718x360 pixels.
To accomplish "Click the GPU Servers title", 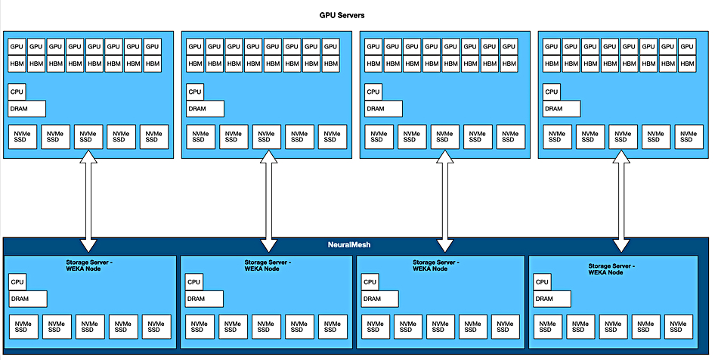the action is pyautogui.click(x=342, y=15).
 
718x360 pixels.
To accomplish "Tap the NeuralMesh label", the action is pyautogui.click(x=349, y=245).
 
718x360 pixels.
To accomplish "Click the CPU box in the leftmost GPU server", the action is pyautogui.click(x=17, y=92).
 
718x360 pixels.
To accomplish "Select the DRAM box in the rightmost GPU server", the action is pyautogui.click(x=562, y=109).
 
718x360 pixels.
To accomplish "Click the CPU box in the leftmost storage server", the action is pyautogui.click(x=17, y=282).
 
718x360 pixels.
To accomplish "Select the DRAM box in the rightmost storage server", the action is pyautogui.click(x=552, y=299).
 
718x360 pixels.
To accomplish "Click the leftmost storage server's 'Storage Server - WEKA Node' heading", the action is pyautogui.click(x=89, y=265).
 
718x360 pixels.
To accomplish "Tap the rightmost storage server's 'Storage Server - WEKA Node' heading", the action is pyautogui.click(x=611, y=269).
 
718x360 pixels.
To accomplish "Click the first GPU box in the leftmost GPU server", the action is pyautogui.click(x=17, y=47).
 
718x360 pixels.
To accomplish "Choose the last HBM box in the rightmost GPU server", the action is pyautogui.click(x=687, y=64).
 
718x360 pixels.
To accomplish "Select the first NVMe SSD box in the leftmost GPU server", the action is pyautogui.click(x=23, y=137).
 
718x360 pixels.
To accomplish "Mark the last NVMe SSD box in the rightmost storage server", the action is pyautogui.click(x=679, y=327).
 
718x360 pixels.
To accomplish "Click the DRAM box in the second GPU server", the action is pyautogui.click(x=205, y=109).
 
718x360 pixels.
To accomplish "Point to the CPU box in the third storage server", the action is pyautogui.click(x=370, y=282).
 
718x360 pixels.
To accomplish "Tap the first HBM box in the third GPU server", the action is pyautogui.click(x=373, y=64).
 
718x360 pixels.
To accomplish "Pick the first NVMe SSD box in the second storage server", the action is pyautogui.click(x=200, y=327).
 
